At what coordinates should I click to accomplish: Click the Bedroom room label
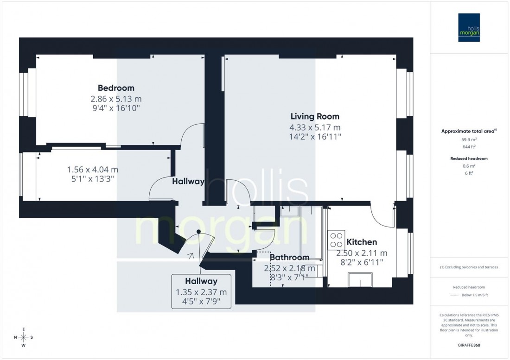(x=116, y=88)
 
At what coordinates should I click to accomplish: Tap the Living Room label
(x=315, y=116)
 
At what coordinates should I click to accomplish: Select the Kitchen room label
(x=362, y=242)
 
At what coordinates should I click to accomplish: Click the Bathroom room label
(x=289, y=257)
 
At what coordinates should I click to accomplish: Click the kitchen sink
(x=360, y=279)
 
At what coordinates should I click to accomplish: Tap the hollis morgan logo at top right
(x=470, y=27)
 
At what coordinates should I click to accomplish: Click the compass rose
(x=23, y=337)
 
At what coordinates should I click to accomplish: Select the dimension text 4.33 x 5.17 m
(x=315, y=127)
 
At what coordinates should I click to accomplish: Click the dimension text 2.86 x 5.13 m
(x=116, y=99)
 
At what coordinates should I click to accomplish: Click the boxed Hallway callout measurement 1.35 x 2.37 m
(x=201, y=292)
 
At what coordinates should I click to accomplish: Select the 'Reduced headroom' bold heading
(x=469, y=158)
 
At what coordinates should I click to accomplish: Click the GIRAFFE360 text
(x=470, y=345)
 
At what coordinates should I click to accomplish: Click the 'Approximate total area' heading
(x=468, y=132)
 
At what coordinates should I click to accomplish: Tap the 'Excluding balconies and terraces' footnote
(x=469, y=267)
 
